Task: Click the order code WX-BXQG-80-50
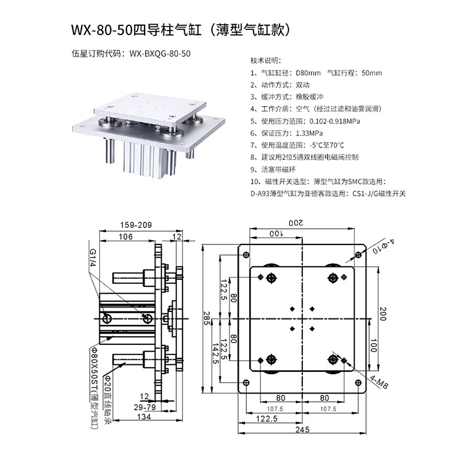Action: coord(160,53)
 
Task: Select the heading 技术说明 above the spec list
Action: coord(266,60)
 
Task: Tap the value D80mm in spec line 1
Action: coord(308,73)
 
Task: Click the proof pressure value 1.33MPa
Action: coord(312,133)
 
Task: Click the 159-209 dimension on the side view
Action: coord(137,225)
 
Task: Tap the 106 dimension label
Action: coord(126,236)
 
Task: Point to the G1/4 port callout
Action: coord(92,259)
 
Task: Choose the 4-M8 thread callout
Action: coord(379,381)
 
